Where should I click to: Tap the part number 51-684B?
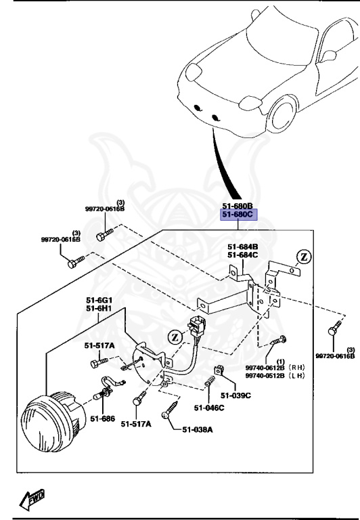tap(242, 246)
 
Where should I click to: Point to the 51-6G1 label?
tap(99, 301)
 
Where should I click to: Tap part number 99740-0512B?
tap(265, 376)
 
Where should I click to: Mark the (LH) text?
tap(297, 376)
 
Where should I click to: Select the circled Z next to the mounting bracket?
tap(305, 257)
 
